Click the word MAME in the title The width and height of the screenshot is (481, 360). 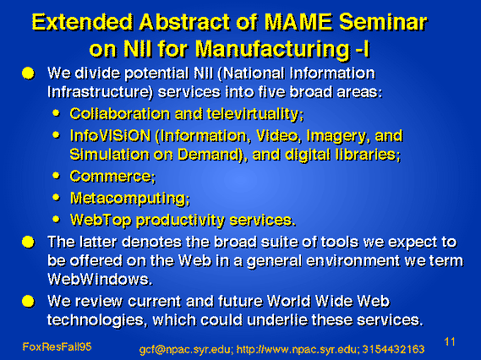298,22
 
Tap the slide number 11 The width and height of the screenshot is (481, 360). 450,341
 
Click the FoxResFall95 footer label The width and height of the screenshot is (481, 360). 57,346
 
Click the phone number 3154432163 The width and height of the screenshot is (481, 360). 394,349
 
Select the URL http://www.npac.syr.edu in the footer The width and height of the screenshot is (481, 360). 297,350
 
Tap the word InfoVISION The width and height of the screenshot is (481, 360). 110,135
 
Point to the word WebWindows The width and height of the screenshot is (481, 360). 100,279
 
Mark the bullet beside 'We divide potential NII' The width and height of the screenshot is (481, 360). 28,74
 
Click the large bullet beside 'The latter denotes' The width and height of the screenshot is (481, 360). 28,243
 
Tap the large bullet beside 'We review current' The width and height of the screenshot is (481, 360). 28,301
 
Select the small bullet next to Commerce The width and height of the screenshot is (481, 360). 56,176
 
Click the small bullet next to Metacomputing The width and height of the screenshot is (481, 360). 56,198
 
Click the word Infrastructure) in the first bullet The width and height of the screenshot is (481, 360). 100,92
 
